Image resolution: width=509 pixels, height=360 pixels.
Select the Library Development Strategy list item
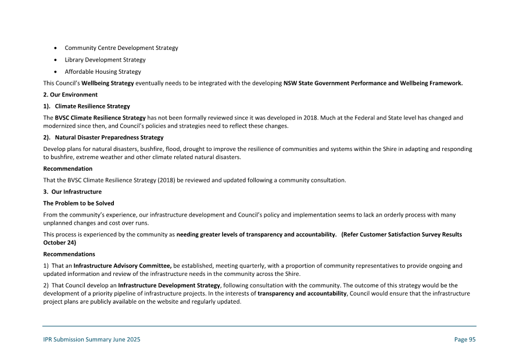click(x=105, y=60)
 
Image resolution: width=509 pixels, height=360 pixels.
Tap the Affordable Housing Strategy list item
click(x=102, y=72)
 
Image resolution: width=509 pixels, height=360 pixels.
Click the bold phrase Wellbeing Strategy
click(x=108, y=83)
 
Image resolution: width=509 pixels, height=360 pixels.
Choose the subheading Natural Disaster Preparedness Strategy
click(x=109, y=138)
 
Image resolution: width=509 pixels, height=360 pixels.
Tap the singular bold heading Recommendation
click(x=67, y=168)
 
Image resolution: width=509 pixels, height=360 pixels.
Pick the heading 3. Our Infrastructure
click(x=72, y=192)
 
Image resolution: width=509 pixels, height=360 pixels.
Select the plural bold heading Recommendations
click(x=69, y=254)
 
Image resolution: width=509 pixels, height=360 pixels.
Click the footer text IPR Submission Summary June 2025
click(x=91, y=340)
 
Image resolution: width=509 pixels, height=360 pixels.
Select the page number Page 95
click(x=464, y=340)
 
